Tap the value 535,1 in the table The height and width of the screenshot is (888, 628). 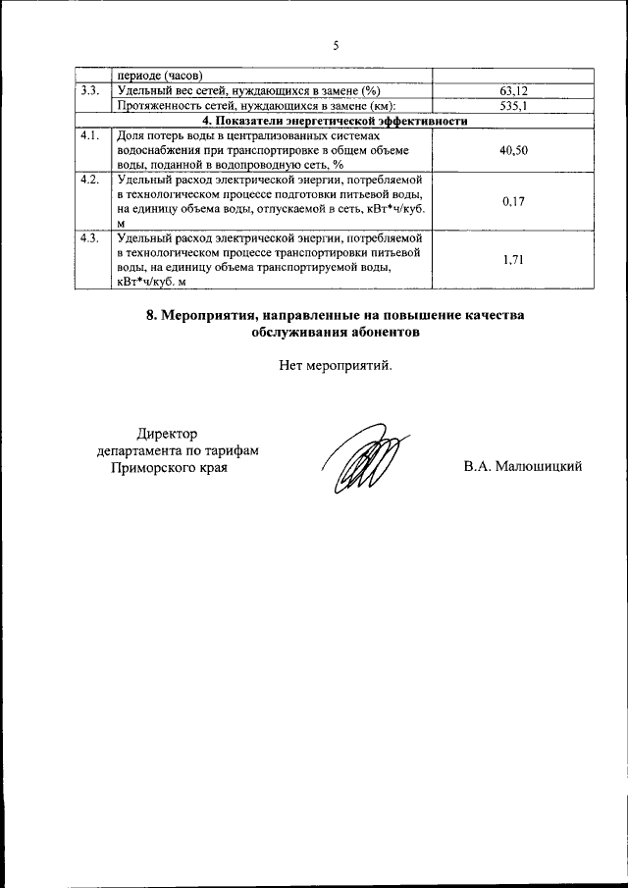[x=514, y=106]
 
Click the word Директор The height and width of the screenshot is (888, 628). [x=167, y=434]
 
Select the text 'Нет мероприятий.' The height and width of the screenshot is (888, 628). [x=335, y=366]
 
